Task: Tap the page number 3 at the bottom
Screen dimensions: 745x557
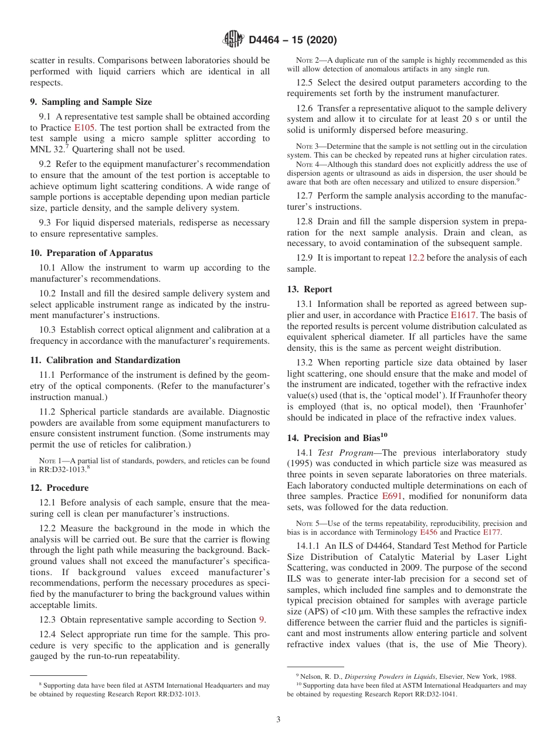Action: pos(278,719)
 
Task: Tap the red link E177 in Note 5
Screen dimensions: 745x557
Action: pos(493,532)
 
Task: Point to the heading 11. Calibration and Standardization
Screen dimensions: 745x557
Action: pos(105,360)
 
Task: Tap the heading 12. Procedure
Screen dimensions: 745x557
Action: pos(59,488)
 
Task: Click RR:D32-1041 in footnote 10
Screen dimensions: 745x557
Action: pos(433,695)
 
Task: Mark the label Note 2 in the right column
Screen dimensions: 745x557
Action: pos(307,60)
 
